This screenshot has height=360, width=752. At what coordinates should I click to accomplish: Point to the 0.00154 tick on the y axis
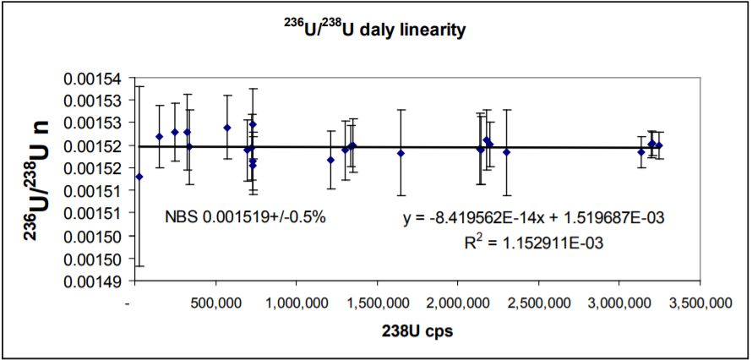click(100, 79)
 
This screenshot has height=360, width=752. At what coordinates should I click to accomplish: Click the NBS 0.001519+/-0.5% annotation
click(246, 217)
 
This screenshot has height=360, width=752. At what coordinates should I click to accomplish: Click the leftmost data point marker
click(139, 177)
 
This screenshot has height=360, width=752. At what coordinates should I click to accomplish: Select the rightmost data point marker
click(659, 145)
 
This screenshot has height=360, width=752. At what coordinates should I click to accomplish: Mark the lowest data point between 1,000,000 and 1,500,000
click(330, 160)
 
